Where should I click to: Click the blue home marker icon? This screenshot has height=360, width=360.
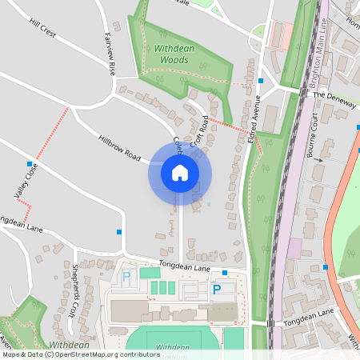179,173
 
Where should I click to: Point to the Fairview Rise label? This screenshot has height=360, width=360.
110,54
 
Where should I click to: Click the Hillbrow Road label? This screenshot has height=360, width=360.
119,146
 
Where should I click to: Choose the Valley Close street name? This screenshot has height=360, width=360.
26,181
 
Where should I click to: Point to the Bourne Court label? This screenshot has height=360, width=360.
312,138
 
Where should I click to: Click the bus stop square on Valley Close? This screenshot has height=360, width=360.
29,163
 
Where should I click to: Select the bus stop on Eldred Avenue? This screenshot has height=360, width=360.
261,81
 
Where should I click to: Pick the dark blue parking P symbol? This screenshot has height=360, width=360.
215,290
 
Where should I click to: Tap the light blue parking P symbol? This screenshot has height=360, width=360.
126,277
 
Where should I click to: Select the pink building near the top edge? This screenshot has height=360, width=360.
280,34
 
